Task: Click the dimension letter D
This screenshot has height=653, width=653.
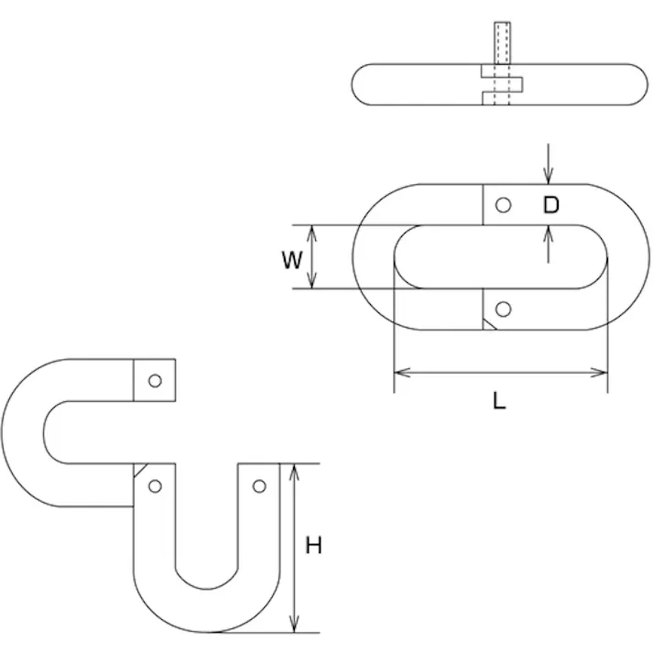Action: point(551,205)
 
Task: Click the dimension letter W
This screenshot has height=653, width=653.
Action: point(291,260)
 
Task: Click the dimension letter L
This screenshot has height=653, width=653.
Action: point(499,401)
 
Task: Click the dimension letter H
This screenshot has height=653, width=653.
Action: point(313,546)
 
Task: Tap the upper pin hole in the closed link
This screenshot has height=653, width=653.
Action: point(503,205)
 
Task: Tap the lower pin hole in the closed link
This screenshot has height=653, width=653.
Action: point(503,310)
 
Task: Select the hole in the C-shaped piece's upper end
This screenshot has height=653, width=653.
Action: point(155,381)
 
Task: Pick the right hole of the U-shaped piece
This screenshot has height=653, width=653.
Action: point(259,486)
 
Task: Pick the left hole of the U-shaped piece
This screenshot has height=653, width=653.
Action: point(155,486)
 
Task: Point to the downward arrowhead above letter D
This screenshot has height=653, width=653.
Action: point(548,176)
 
